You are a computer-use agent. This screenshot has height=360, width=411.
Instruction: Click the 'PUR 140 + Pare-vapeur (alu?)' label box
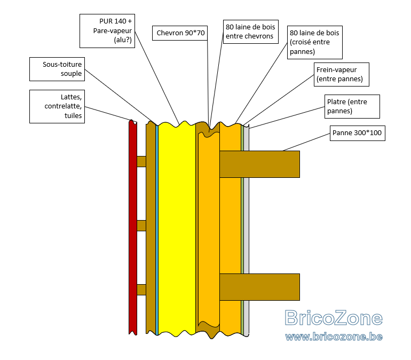(107, 31)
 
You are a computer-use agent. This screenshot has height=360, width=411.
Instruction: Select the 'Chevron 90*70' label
(180, 33)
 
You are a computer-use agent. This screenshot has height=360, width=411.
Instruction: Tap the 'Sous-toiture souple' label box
(57, 69)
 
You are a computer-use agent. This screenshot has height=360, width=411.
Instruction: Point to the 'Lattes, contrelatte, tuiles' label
(57, 106)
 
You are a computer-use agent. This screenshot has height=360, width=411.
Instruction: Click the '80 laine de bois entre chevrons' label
(250, 32)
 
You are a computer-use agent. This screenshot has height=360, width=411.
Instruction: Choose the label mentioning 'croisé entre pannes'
(315, 43)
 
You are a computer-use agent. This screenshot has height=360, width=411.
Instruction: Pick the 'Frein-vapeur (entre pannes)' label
(342, 74)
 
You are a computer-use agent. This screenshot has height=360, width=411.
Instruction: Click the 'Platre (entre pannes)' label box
(352, 106)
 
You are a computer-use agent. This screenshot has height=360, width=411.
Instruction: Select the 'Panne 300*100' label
(358, 133)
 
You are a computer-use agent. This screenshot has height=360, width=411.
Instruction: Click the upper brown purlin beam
(259, 164)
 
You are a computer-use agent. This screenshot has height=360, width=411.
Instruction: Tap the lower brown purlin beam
(259, 287)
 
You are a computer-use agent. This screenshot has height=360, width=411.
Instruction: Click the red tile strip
(133, 228)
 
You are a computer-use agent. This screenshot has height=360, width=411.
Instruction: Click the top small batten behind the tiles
(141, 161)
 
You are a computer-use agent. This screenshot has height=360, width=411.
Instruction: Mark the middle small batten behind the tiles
(141, 226)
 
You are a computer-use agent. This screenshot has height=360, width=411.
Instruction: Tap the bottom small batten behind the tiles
(141, 289)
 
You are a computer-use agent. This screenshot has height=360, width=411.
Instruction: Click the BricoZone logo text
(334, 318)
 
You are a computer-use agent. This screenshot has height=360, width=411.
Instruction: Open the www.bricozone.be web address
(334, 336)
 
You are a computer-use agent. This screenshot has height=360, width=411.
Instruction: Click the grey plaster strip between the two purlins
(247, 226)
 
